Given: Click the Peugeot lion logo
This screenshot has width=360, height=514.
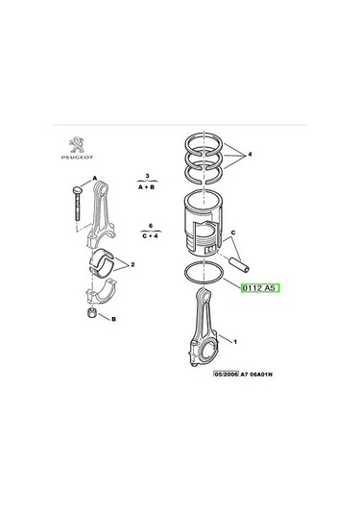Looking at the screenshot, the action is (x=77, y=145).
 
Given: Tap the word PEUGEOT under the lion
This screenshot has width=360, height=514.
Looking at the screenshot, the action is (x=77, y=158).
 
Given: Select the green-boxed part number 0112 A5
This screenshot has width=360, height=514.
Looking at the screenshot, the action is (x=260, y=288).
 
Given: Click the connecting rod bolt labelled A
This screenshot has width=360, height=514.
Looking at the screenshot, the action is (x=77, y=203).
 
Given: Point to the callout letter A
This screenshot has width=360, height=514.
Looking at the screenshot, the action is (x=95, y=179).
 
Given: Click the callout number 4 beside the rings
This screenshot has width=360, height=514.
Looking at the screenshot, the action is (x=250, y=154).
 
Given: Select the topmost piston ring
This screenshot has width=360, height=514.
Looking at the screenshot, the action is (x=204, y=144).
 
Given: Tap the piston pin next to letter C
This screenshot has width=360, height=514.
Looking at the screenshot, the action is (x=239, y=264).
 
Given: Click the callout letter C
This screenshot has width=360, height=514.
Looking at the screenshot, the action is (x=233, y=233).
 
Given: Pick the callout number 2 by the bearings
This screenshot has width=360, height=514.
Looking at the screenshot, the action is (x=132, y=264).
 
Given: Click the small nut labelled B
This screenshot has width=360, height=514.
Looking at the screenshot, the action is (x=91, y=312).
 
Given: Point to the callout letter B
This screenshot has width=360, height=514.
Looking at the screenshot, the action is (x=113, y=319).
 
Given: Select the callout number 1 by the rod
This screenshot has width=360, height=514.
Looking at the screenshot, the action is (x=235, y=342).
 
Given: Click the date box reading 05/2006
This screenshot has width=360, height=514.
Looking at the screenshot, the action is (x=226, y=374).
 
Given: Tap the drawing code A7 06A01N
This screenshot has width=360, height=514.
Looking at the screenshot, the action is (x=256, y=375).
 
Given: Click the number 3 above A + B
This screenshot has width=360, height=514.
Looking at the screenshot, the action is (x=148, y=176).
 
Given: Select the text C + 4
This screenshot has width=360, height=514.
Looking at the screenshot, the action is (x=151, y=235).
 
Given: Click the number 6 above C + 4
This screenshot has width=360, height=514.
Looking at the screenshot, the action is (x=151, y=226).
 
